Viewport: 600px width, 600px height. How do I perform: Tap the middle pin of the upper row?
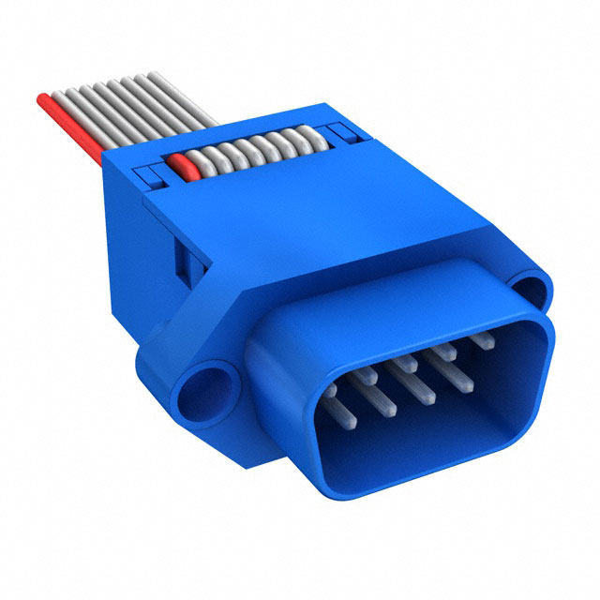pyautogui.click(x=404, y=361)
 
